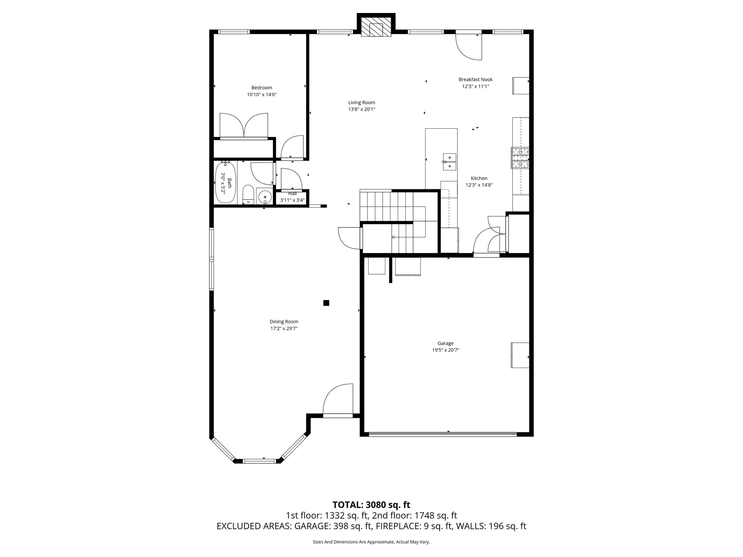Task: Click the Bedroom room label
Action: (262, 88)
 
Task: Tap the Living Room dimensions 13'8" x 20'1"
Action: (361, 109)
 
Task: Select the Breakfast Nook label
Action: (475, 79)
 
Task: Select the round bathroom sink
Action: (265, 197)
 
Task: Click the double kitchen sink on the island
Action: (450, 162)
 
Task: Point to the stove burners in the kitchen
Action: (520, 158)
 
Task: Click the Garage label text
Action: (445, 343)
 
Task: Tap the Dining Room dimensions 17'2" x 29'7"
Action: (284, 329)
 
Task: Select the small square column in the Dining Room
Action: (326, 303)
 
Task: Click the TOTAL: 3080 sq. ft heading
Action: (371, 505)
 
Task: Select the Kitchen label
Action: (479, 178)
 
